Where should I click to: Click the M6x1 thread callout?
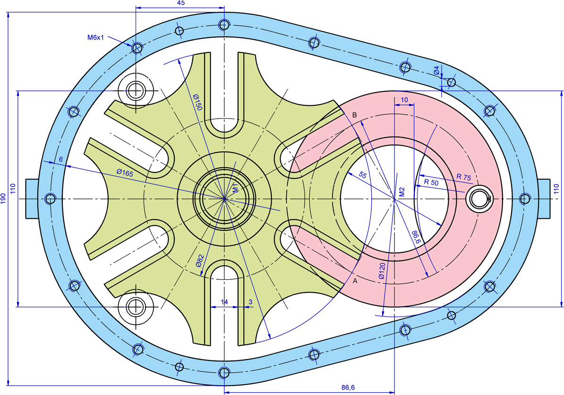tap(95, 37)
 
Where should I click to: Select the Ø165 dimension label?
tap(125, 172)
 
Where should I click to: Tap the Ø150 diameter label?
tap(197, 102)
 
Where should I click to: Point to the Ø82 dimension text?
tap(200, 261)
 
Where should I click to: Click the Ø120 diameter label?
tap(382, 271)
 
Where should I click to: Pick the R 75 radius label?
tap(464, 177)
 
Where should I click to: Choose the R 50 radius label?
tap(431, 182)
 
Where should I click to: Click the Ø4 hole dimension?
tap(436, 70)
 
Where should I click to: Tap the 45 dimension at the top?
tap(181, 3)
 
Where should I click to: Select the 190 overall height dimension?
tap(3, 198)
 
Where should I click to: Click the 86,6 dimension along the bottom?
tap(348, 387)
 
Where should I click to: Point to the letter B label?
tap(355, 115)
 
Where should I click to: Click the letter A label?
tap(355, 281)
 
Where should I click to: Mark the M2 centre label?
tap(402, 192)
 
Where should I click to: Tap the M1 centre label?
tap(235, 188)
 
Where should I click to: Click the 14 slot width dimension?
tap(224, 302)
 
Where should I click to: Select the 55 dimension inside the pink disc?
tap(363, 175)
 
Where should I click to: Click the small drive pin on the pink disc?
tap(478, 198)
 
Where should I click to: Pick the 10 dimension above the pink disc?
tap(404, 100)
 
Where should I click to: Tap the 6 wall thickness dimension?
tap(61, 159)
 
